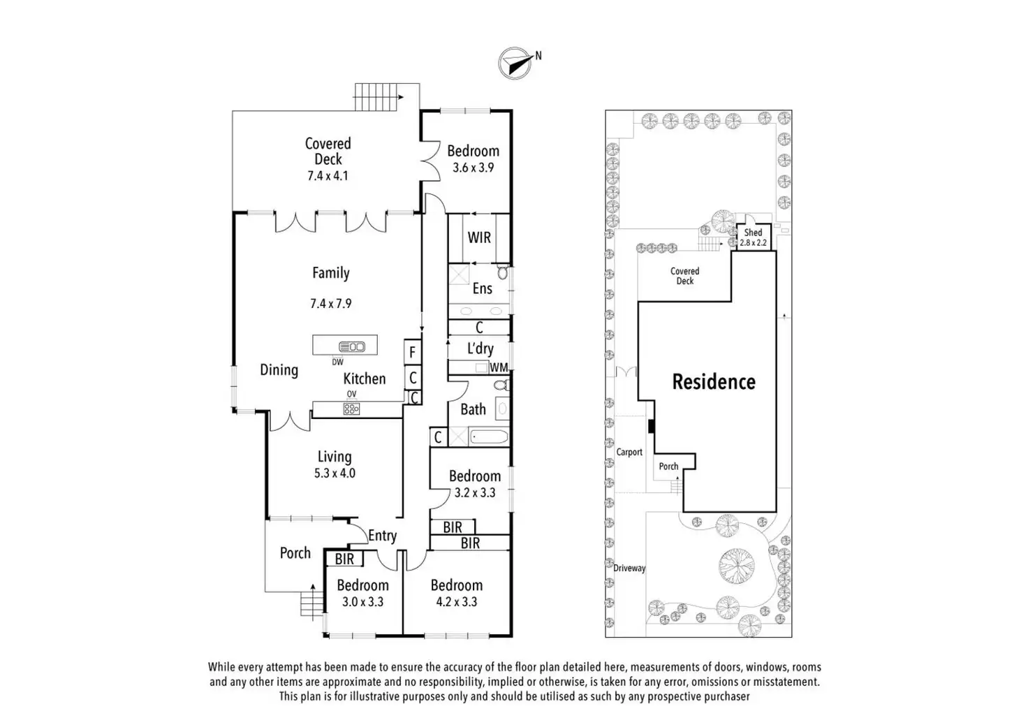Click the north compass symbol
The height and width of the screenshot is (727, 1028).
tap(515, 63)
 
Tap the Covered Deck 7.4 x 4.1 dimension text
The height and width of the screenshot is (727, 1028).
tap(328, 176)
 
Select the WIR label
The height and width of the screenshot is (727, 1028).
tap(479, 237)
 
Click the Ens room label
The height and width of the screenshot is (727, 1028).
tap(482, 288)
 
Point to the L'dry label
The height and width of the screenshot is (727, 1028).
tap(480, 348)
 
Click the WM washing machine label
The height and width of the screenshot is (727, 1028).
tap(499, 367)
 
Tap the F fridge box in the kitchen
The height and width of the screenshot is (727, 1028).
tap(412, 352)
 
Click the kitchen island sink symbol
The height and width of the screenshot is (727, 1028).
tap(351, 346)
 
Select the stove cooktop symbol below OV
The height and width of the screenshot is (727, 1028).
tap(351, 409)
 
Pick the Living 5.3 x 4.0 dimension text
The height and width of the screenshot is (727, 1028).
tap(335, 473)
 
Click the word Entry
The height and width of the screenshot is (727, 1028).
tap(382, 536)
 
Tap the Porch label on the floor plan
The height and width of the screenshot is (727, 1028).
tap(295, 553)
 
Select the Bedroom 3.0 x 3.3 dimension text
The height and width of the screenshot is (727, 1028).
tap(362, 602)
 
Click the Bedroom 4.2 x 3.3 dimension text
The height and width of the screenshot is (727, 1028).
tap(456, 602)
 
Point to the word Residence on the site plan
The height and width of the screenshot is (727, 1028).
tap(713, 382)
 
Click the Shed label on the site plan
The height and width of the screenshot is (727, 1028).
tap(753, 233)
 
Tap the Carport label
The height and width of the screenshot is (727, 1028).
tap(629, 452)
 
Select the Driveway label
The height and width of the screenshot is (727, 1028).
tap(629, 568)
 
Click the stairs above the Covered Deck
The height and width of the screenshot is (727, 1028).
tap(378, 96)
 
